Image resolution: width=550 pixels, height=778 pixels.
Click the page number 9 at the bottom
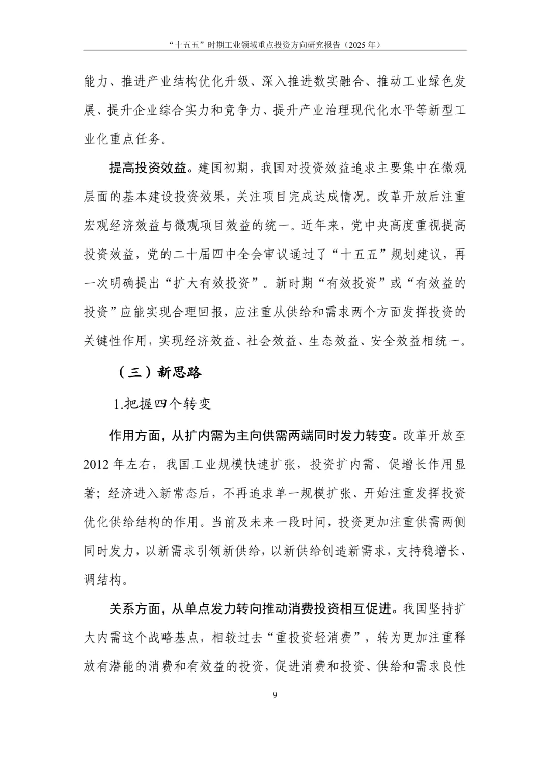click(x=275, y=695)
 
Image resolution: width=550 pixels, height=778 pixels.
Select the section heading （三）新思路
click(x=160, y=372)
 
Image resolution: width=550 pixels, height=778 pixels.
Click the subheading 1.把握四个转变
click(x=162, y=404)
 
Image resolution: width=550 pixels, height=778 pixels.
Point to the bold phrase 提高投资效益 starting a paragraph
click(x=148, y=168)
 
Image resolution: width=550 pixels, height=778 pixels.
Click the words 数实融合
click(x=327, y=81)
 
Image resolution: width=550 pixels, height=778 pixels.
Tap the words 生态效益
click(x=334, y=341)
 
